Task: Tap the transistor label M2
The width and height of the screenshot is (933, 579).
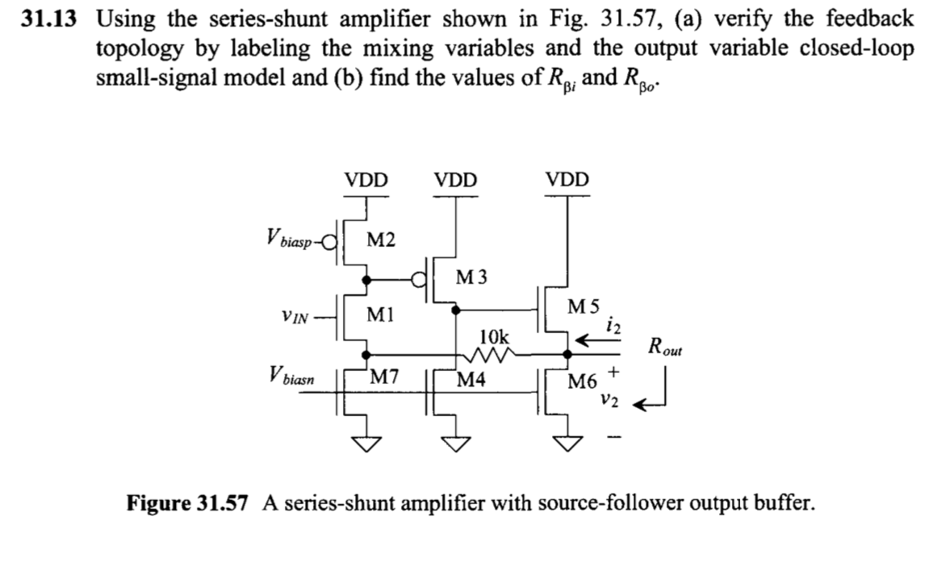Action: point(380,239)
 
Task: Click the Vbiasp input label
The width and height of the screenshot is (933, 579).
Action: point(285,240)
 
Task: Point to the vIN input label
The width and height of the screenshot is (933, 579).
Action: point(291,317)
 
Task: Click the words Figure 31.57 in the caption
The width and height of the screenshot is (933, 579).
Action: point(190,504)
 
